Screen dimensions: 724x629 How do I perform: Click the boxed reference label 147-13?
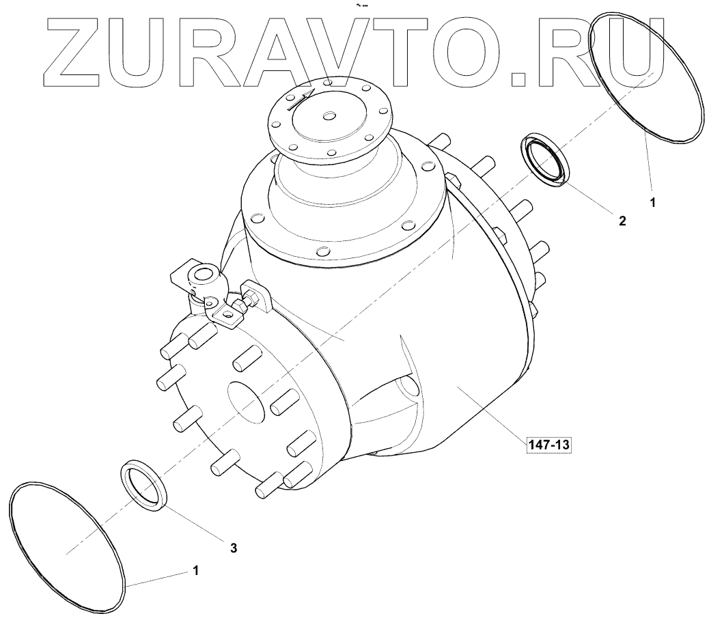(x=548, y=445)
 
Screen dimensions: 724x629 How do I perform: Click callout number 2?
(x=622, y=221)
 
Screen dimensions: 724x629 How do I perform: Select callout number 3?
(x=234, y=547)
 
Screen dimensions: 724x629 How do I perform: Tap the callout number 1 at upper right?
(x=652, y=202)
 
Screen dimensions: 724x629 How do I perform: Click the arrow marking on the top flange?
(x=301, y=99)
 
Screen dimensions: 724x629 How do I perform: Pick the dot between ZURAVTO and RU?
(x=518, y=80)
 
